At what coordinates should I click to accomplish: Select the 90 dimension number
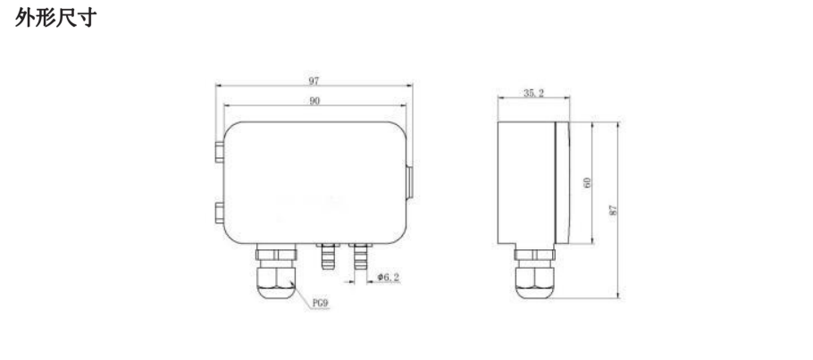pyautogui.click(x=314, y=101)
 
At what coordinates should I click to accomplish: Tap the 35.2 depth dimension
pyautogui.click(x=532, y=93)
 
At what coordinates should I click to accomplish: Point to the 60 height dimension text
pyautogui.click(x=587, y=182)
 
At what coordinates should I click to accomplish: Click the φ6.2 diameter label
pyautogui.click(x=389, y=278)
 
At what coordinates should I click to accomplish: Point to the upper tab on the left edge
pyautogui.click(x=219, y=148)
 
